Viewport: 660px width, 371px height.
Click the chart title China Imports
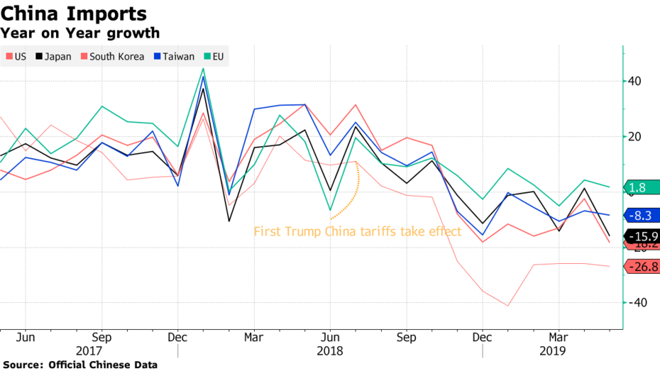[x=74, y=13]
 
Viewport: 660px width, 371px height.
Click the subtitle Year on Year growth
[x=79, y=33]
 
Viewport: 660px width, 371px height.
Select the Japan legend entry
[x=53, y=57]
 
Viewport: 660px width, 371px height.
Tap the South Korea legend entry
[x=113, y=57]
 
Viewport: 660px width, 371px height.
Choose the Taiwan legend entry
[x=174, y=57]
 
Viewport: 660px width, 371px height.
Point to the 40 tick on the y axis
[x=634, y=81]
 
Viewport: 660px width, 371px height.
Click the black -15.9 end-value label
[x=643, y=236]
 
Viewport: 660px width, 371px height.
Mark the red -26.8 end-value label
[x=643, y=267]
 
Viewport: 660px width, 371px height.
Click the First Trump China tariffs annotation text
[x=358, y=231]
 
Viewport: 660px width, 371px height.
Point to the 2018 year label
[x=329, y=350]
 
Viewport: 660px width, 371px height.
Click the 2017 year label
[x=88, y=350]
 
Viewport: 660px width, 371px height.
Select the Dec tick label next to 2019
[x=482, y=336]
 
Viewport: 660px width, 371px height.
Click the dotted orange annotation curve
[x=349, y=196]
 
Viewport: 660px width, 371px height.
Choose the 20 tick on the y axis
[x=634, y=136]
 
